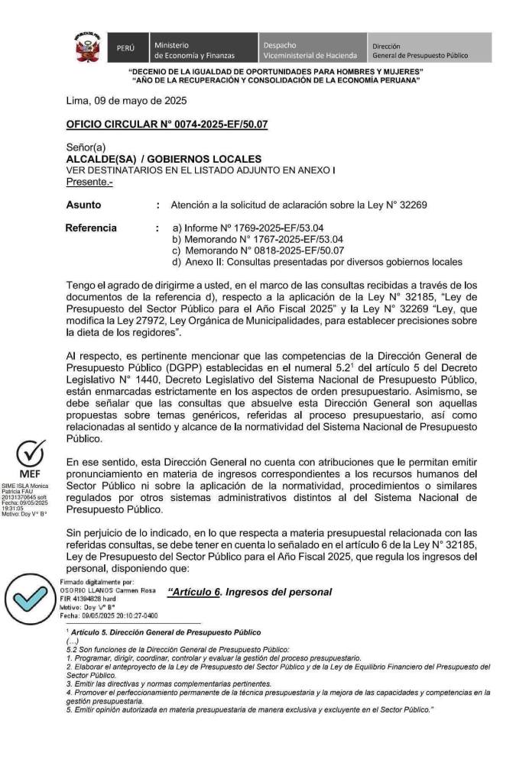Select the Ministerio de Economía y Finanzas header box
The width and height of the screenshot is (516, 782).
201,50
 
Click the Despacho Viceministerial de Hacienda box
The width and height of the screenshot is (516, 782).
310,50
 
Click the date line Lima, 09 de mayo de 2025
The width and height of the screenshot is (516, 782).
126,101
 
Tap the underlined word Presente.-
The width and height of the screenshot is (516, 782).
84,182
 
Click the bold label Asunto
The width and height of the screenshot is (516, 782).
83,205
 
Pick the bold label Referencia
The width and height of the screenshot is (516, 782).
91,228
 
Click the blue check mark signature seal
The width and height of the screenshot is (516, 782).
30,598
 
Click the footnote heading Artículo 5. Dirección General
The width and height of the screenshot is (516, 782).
164,632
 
